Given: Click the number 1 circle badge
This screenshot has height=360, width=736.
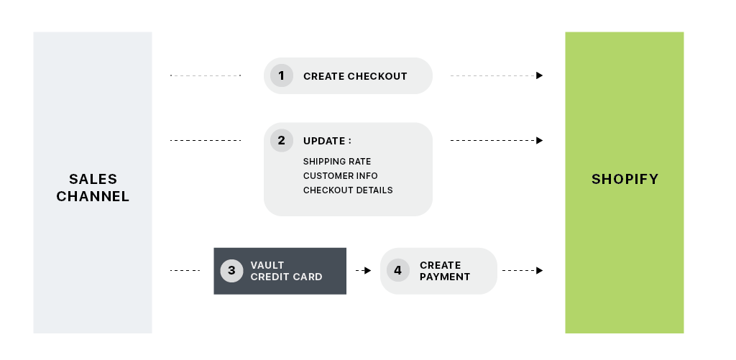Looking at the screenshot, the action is pos(282,75).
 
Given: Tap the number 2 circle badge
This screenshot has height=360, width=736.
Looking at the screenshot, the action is pos(282,140).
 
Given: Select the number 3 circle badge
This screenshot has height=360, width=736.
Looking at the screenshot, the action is pos(231,270).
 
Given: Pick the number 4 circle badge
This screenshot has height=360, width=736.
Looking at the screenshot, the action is pos(398,270).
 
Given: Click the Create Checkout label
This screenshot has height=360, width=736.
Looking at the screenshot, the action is pos(355,76).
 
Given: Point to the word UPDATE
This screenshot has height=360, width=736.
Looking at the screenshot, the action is pos(324,141).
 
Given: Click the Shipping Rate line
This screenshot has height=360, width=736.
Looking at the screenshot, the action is pos(337,162).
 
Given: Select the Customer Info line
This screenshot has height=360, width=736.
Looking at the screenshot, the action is pos(340,175).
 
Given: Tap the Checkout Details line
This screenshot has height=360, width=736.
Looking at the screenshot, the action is pos(348,190).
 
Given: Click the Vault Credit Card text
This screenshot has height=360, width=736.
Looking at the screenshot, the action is pos(286,271).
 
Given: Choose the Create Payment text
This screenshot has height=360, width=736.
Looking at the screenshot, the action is pos(445,271).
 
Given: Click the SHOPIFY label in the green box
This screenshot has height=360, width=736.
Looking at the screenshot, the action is pos(625,179).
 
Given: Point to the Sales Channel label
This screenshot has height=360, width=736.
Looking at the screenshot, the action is pos(93,188).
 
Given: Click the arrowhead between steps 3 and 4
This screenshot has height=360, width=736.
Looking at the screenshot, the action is pos(367,270).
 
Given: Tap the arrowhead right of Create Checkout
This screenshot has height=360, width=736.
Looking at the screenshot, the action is pos(539,75).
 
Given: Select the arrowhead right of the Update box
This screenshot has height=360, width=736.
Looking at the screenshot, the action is pos(539,140).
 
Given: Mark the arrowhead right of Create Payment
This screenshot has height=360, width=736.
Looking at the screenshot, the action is pos(539,270).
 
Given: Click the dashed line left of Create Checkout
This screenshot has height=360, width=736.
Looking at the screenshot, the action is pos(206,75).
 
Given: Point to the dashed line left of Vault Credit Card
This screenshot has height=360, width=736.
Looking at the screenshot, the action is pos(185,270).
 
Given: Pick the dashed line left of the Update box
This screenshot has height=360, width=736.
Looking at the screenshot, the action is pos(206,140).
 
